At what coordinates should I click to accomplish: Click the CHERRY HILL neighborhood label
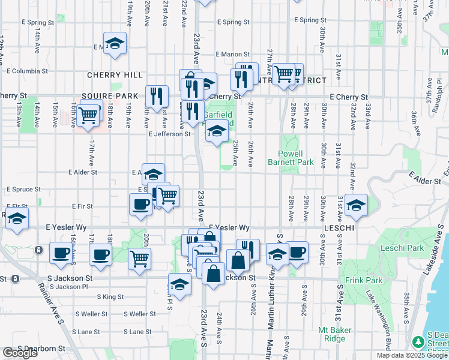pos(115,75)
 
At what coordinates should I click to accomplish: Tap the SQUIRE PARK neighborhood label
pos(110,96)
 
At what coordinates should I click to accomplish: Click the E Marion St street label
pos(232,54)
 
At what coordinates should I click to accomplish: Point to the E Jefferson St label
pos(169,134)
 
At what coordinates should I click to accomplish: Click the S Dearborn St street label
pos(41,348)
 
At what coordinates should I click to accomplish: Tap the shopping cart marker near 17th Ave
pos(88,115)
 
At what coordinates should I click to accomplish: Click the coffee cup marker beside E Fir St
pos(140,203)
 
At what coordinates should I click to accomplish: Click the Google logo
pos(20,353)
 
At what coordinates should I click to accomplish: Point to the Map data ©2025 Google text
pos(412,355)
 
